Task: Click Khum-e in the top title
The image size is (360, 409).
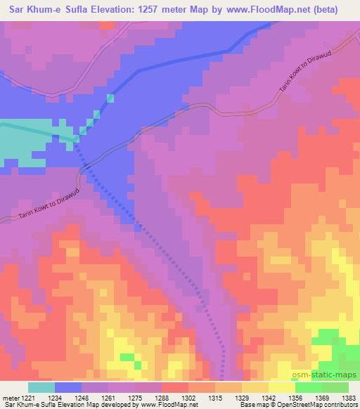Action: [x=46, y=10]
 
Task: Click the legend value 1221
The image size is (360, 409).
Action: [x=27, y=397]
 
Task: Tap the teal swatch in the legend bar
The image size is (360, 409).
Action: [x=40, y=387]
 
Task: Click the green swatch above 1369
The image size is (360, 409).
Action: [x=309, y=387]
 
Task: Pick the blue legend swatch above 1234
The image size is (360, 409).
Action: [x=67, y=387]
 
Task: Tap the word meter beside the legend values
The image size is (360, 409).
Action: [x=10, y=397]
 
